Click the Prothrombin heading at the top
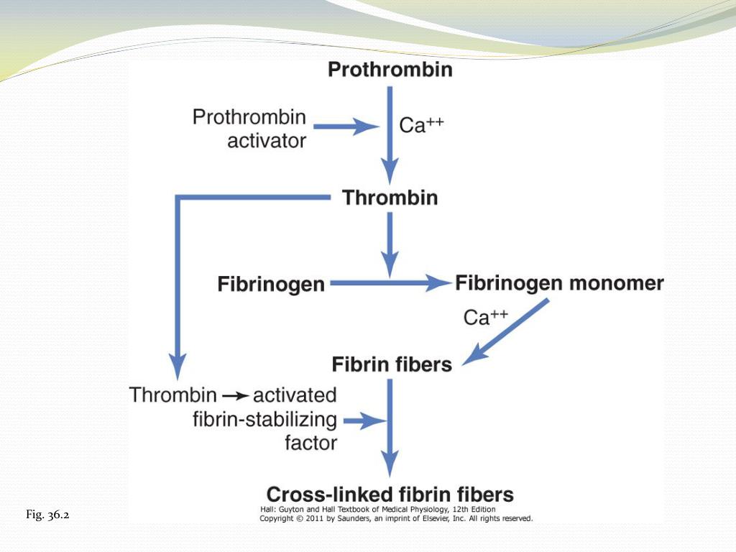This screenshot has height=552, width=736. tap(390, 70)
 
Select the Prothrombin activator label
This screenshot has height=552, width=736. tap(249, 128)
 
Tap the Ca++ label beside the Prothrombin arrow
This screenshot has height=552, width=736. tap(421, 125)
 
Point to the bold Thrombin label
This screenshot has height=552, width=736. tap(390, 197)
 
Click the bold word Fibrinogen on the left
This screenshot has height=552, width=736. tap(271, 285)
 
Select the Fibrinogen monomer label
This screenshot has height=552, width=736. tap(559, 283)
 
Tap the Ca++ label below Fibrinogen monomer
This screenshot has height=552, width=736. tap(486, 317)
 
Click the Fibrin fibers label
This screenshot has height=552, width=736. tap(392, 364)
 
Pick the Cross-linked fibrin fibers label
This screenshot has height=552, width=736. tap(390, 494)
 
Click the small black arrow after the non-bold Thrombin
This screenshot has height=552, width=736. tap(235, 395)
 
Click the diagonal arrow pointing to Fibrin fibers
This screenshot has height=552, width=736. tap(507, 331)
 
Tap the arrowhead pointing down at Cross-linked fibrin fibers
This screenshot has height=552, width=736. tap(390, 463)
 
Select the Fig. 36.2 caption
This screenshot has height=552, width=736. tap(47, 515)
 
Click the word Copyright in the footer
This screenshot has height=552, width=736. tap(277, 517)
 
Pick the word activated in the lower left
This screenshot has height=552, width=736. tap(295, 395)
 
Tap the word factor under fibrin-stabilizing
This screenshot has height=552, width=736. tap(310, 443)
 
